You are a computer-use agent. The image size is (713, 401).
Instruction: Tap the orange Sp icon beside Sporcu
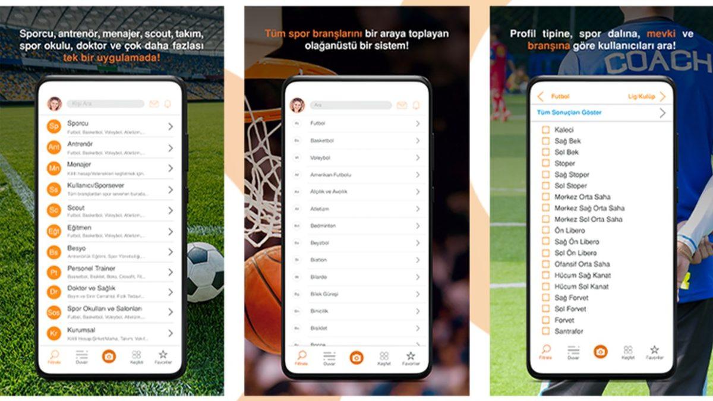click(54, 127)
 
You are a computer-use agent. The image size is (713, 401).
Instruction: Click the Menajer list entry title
click(80, 165)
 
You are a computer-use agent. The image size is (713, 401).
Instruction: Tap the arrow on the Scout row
click(171, 210)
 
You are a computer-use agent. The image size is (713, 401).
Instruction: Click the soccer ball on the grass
click(204, 272)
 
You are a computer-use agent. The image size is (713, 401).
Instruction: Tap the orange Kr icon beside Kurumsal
click(54, 333)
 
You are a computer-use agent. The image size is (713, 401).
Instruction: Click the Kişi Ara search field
click(105, 104)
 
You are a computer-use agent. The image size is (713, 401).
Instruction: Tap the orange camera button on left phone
click(109, 356)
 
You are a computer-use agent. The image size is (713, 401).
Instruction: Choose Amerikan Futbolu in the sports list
click(331, 175)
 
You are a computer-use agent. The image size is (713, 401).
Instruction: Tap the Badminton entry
click(323, 226)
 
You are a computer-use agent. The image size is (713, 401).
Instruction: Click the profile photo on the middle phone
click(297, 105)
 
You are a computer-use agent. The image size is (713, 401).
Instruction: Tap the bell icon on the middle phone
click(416, 105)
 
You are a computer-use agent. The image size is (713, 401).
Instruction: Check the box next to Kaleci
click(545, 130)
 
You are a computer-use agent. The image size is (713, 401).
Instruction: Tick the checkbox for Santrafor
click(545, 331)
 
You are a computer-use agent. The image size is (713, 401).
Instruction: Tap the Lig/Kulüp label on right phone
click(641, 96)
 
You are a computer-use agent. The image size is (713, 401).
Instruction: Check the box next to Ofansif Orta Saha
click(545, 264)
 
